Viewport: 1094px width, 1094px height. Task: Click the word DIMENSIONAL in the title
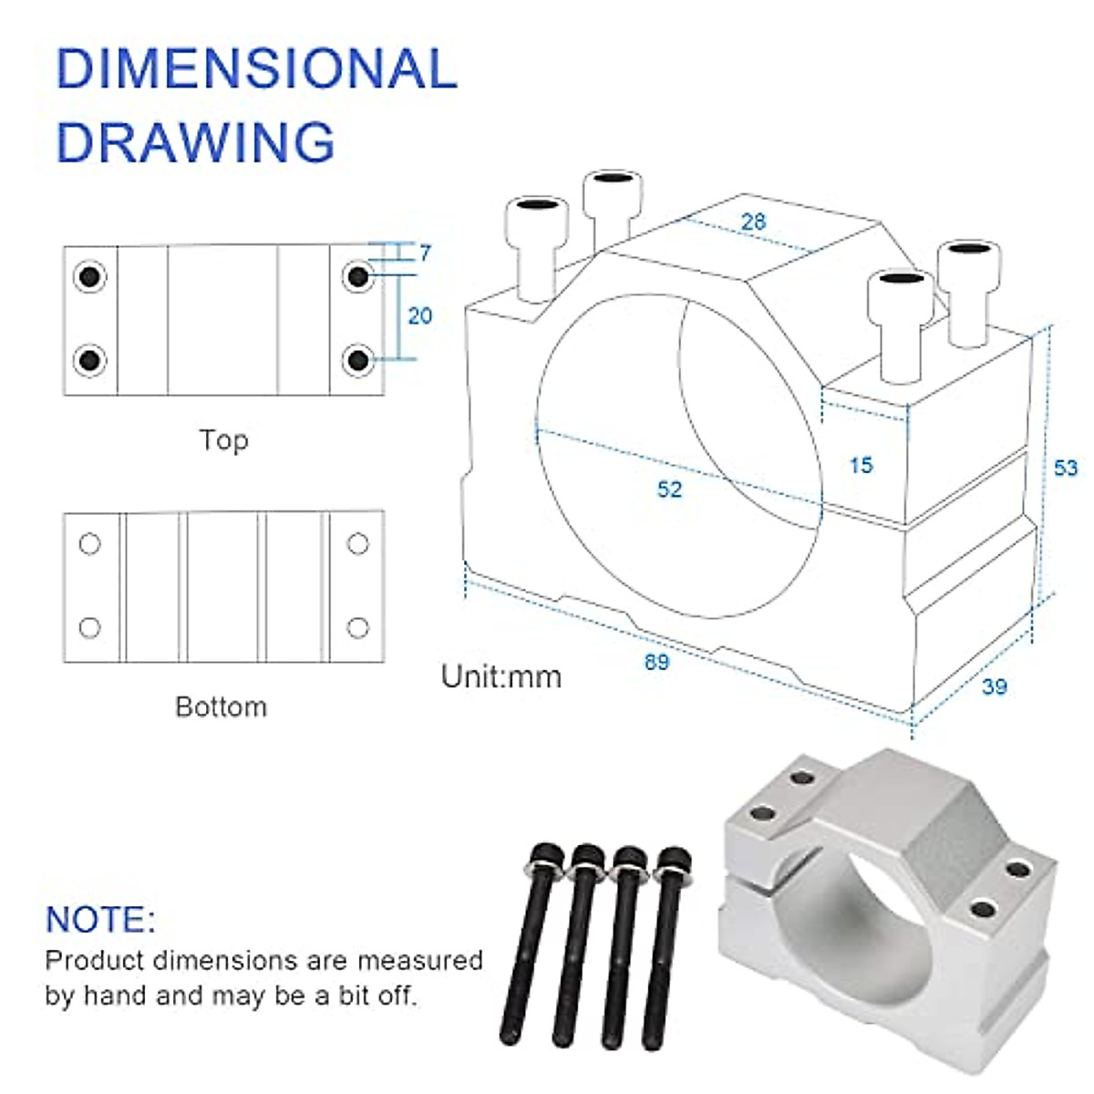[x=256, y=68]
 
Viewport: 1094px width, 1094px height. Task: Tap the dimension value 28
[x=753, y=222]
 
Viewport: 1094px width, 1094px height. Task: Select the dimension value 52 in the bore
[x=669, y=490]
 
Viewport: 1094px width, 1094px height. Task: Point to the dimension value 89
[x=656, y=662]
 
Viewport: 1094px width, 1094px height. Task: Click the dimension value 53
[x=1065, y=468]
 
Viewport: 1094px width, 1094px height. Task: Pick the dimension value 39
[x=995, y=686]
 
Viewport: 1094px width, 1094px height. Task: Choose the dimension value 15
[x=861, y=465]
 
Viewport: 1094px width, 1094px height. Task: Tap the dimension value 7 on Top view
[x=425, y=253]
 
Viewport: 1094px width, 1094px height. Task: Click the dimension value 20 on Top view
[x=419, y=315]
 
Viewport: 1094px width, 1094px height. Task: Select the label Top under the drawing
[x=223, y=440]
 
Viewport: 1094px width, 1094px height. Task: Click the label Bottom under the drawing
[x=222, y=707]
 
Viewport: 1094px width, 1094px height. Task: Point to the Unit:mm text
[x=501, y=676]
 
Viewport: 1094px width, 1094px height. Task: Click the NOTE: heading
[x=100, y=919]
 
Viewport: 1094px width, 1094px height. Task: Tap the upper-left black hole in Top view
[x=89, y=275]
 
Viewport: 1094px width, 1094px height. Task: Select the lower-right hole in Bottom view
[x=358, y=627]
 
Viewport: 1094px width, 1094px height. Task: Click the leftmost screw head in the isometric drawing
[x=537, y=214]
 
